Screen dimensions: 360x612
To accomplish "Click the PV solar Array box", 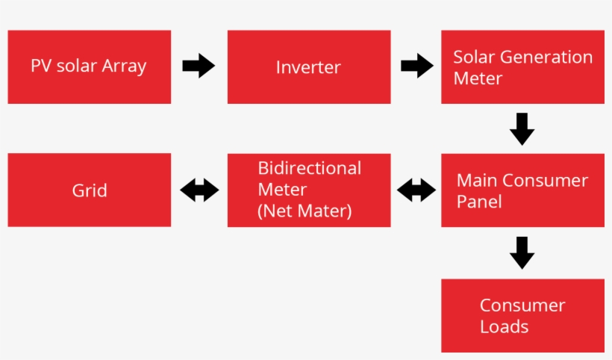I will tap(89, 67).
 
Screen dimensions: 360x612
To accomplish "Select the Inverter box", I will tap(308, 67).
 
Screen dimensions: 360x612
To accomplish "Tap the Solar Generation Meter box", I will tap(522, 67).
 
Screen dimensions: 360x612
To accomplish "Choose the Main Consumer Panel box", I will tap(522, 190).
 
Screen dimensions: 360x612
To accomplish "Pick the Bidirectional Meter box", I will tap(308, 190).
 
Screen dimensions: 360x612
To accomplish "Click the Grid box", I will tap(89, 190).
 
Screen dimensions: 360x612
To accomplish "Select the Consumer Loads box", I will tap(522, 315).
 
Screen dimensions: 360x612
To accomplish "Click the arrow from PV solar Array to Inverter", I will tap(198, 66).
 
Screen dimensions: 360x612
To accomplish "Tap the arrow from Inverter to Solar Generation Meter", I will tap(416, 66).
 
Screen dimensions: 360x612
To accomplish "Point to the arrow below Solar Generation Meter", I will tap(522, 128).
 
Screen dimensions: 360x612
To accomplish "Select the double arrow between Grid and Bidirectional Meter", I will tap(199, 190).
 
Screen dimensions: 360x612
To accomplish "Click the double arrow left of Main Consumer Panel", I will tap(416, 190).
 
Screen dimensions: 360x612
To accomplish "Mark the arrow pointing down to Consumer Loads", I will tap(522, 252).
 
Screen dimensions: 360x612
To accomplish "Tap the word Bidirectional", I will tap(309, 168).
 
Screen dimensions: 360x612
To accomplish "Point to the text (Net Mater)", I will tap(304, 211).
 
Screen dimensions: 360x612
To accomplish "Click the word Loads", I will tap(504, 326).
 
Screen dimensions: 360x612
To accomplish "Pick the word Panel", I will tap(478, 202).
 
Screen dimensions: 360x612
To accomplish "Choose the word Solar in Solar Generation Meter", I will tap(475, 58).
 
